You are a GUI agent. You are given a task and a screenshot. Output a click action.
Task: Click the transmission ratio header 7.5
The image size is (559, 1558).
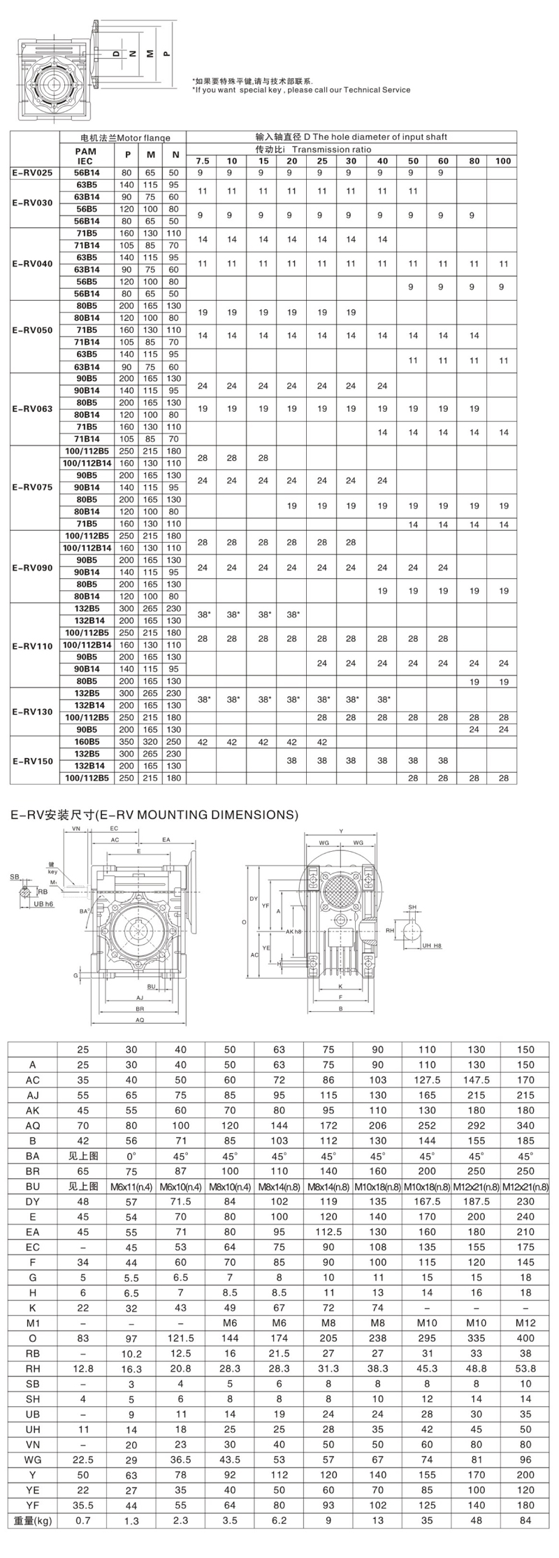(202, 161)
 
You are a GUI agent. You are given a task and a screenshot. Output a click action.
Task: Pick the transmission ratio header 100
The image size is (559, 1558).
(502, 161)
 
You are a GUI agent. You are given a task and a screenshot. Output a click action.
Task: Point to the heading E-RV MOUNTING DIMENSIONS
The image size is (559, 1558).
(152, 814)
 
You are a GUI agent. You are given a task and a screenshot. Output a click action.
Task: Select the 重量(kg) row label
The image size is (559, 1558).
(33, 1541)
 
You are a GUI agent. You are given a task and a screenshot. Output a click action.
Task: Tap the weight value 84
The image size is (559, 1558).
(525, 1541)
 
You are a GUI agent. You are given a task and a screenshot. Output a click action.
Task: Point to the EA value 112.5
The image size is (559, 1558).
(328, 1232)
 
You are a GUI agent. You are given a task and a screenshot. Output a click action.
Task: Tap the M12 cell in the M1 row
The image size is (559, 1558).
(525, 1323)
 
